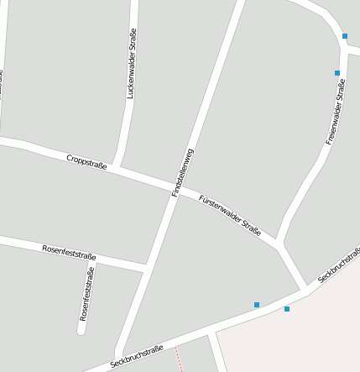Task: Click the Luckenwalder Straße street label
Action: click(x=131, y=65)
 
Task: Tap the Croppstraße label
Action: click(x=86, y=160)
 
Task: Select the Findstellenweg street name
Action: click(x=183, y=172)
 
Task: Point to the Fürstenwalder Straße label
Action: click(x=230, y=215)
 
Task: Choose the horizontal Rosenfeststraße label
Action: click(x=69, y=252)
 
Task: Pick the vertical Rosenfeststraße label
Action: click(x=86, y=294)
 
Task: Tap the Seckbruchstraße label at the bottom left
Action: click(x=136, y=357)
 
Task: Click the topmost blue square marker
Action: click(x=345, y=36)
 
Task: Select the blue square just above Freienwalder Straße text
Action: click(x=337, y=73)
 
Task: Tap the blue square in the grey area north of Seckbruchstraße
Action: click(x=257, y=304)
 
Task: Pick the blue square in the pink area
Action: click(x=287, y=309)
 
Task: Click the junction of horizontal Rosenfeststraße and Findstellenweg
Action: click(x=146, y=267)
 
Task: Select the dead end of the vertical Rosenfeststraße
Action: click(x=82, y=330)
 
